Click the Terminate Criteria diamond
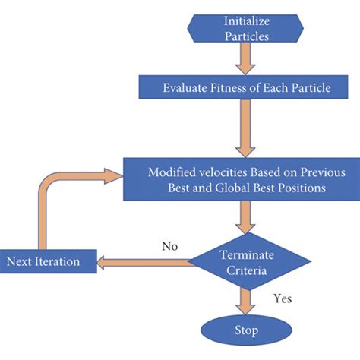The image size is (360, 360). pos(246,262)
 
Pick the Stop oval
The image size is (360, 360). pos(246,330)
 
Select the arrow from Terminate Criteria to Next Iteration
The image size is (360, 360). pos(144,263)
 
